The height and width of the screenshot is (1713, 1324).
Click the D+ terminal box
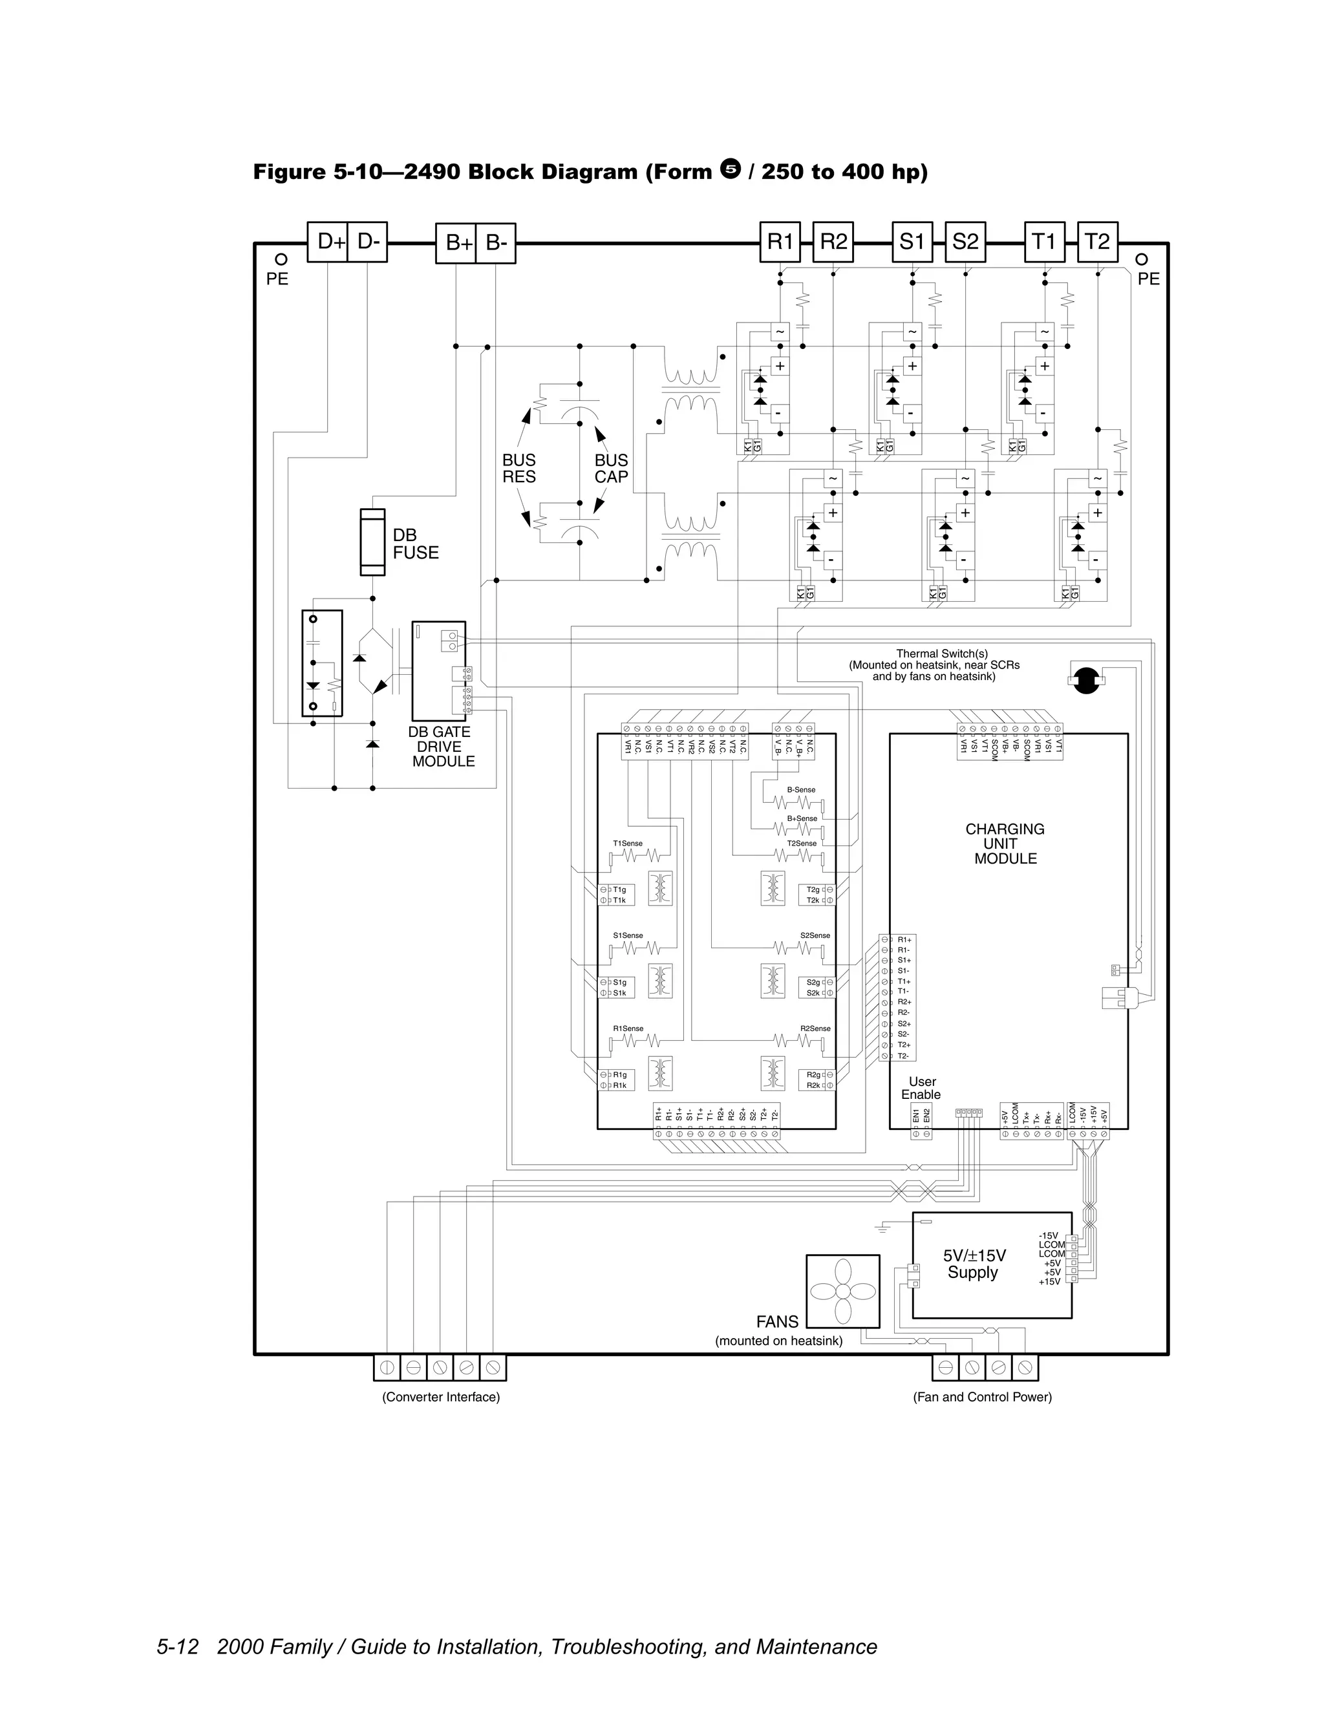point(327,242)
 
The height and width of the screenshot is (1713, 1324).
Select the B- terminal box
point(496,243)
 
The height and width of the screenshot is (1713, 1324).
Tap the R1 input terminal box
point(780,242)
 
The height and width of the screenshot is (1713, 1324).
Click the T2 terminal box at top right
point(1097,242)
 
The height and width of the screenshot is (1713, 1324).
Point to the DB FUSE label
point(415,544)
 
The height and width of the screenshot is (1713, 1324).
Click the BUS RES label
point(518,468)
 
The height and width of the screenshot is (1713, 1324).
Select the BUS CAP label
point(611,468)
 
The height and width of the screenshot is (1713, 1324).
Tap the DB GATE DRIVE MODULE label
point(441,746)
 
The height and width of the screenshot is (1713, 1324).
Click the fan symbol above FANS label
point(842,1290)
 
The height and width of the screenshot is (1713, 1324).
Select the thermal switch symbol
point(1085,680)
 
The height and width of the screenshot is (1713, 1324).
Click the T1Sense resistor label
point(628,843)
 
